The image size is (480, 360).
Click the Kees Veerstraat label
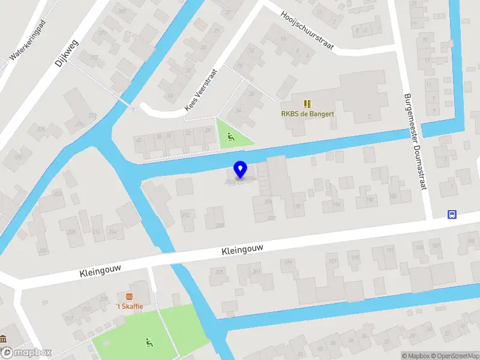point(200,89)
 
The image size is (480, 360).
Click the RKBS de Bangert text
point(308,113)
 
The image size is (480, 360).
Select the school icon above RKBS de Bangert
point(308,104)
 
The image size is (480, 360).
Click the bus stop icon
point(452,214)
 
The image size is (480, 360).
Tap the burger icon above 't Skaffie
point(129,297)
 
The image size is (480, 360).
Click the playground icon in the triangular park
point(230,136)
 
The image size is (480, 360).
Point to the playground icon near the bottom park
point(148,343)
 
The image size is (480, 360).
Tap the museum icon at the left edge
point(3,340)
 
